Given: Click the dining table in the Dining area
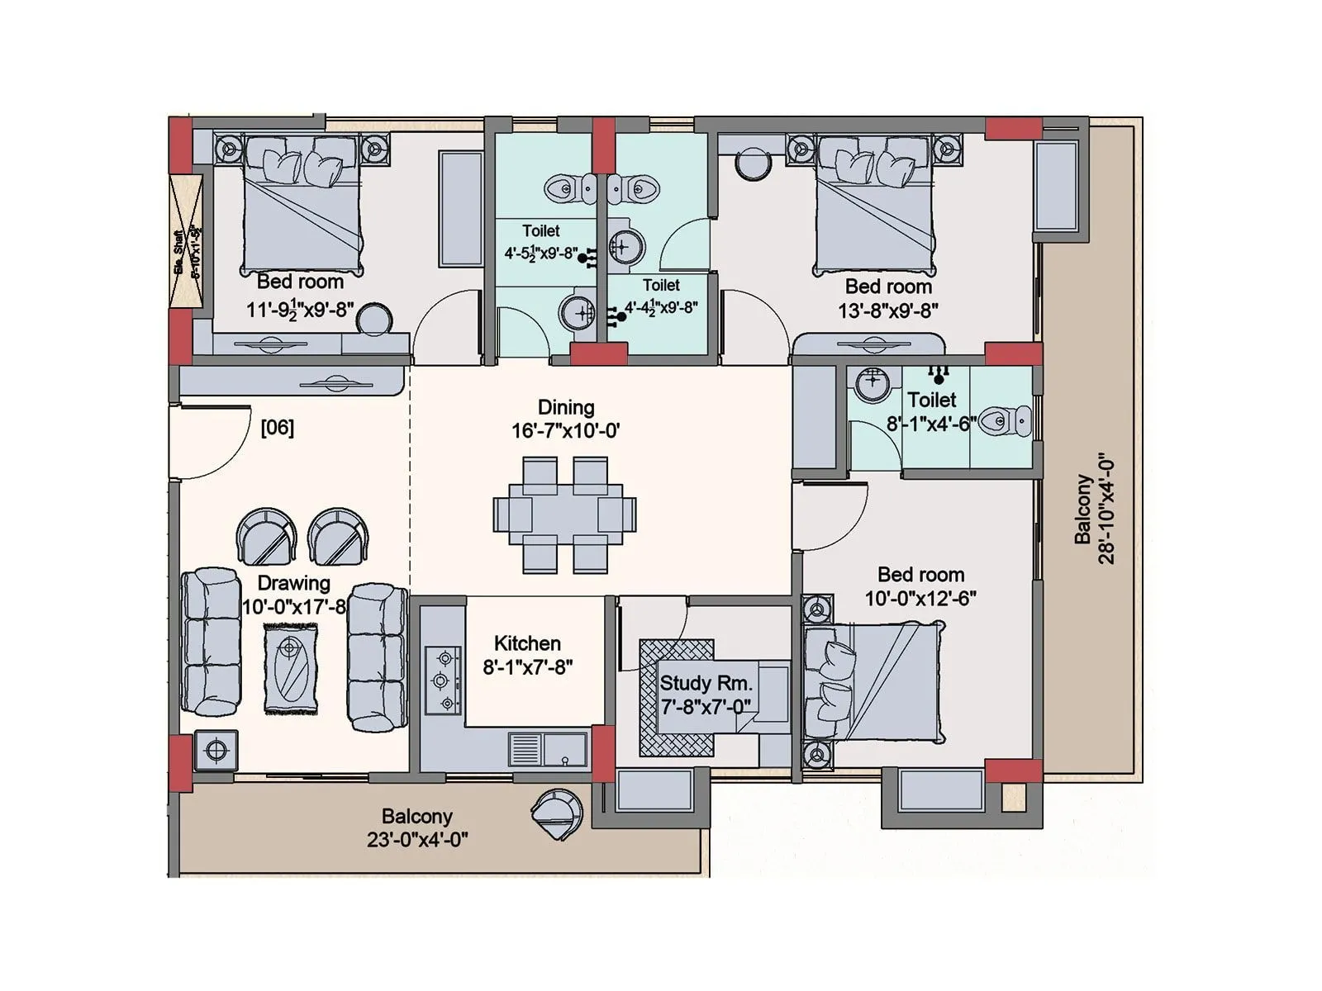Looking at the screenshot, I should pos(565,515).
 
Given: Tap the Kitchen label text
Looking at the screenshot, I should pos(527,643).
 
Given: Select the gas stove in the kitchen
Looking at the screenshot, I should pos(443,680).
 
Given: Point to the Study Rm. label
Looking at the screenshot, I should pos(706,684).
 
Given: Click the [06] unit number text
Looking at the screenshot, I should pos(277,428).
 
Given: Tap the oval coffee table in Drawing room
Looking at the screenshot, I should pos(291,669).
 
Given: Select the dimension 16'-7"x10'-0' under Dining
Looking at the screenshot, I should pos(565,430).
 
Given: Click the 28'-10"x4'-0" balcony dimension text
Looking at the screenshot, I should pos(1106,508).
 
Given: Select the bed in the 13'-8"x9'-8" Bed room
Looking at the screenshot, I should pos(876,206).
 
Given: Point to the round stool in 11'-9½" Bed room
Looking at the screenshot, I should pos(374,320).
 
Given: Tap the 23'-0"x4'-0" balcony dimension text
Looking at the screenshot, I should pos(417,840).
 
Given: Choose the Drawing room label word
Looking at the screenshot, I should pos(293,583).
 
